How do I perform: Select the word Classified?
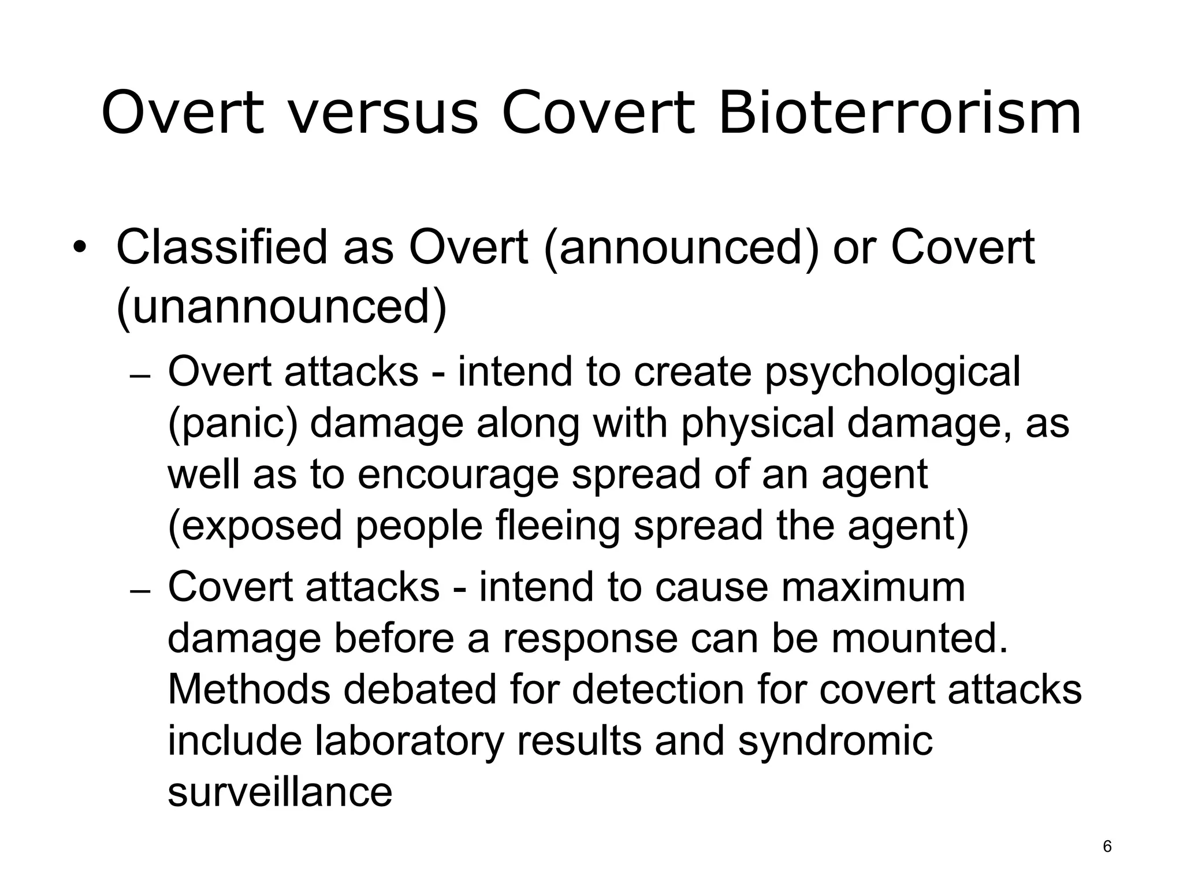click(x=221, y=247)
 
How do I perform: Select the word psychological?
click(x=892, y=372)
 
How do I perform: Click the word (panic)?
click(x=232, y=424)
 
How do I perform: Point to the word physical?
click(x=758, y=424)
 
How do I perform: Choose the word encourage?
click(x=458, y=475)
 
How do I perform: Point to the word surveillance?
click(x=280, y=792)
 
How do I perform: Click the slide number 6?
click(x=1107, y=847)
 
